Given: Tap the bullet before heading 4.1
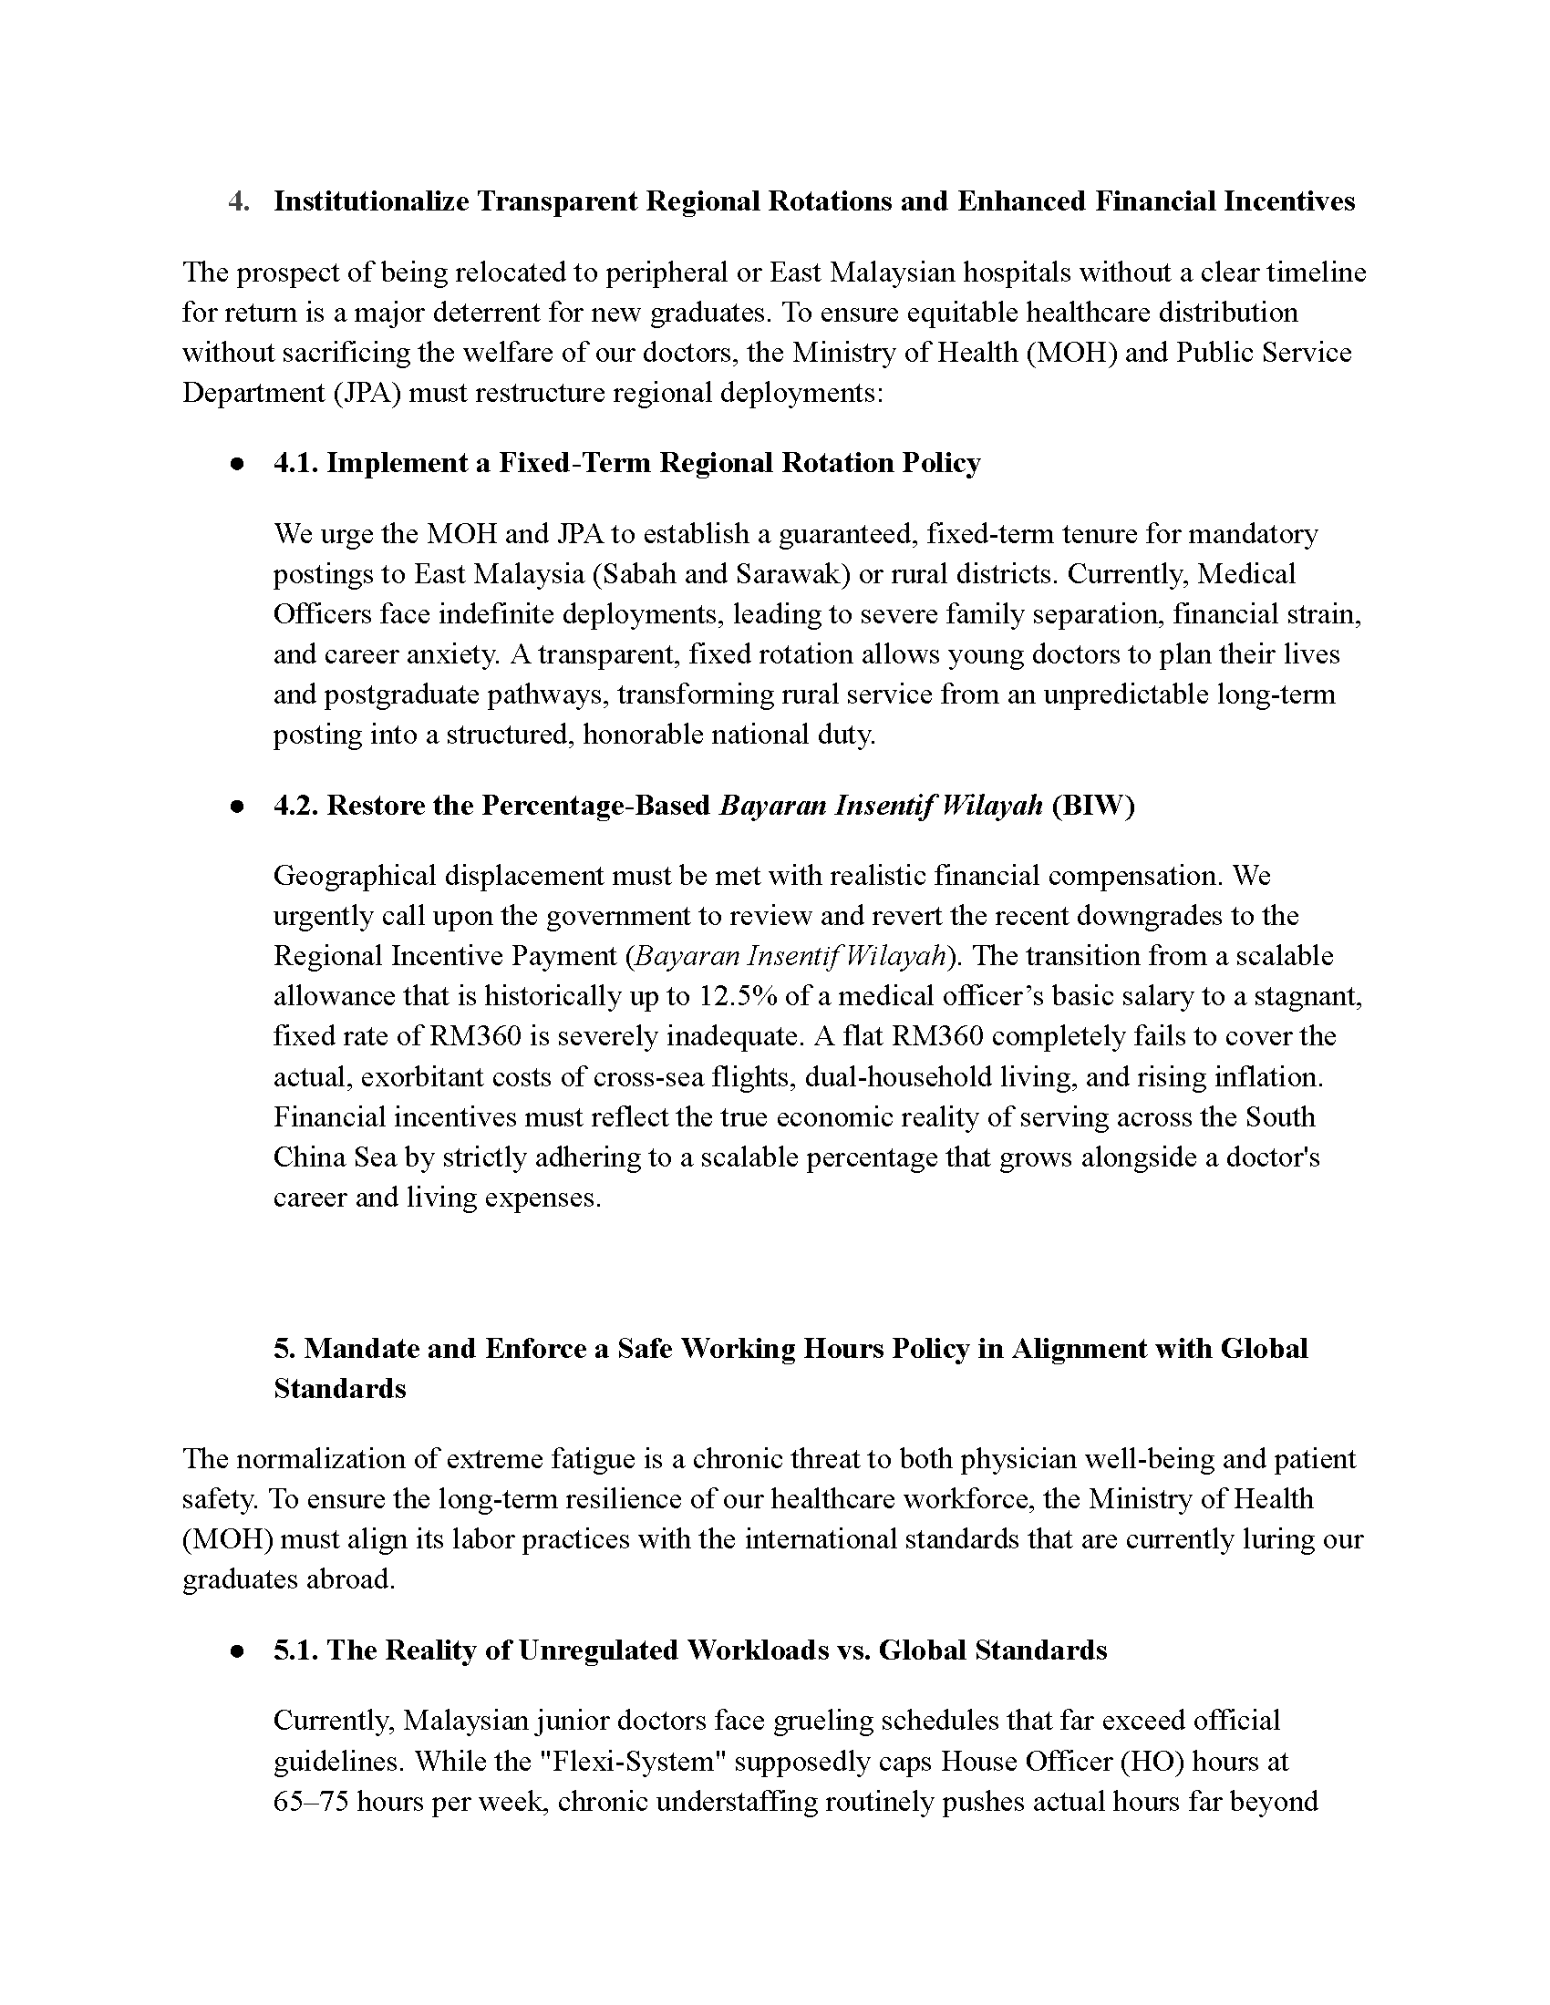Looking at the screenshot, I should tap(238, 464).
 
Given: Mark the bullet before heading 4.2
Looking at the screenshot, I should tap(238, 806).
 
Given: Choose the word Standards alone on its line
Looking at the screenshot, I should tap(340, 1389).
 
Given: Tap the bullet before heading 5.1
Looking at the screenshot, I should tap(238, 1650).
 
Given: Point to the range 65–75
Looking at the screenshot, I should tap(310, 1802).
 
